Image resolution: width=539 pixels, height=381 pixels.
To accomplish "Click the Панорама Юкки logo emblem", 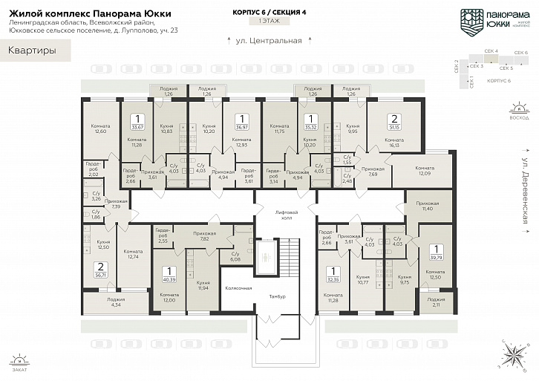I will click(x=471, y=20).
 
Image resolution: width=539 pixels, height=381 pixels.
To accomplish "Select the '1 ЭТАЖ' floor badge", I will click(x=269, y=23).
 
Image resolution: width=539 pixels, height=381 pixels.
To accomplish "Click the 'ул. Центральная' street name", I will click(x=269, y=41).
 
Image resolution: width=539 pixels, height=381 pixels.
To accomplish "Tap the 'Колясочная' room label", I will click(x=238, y=287).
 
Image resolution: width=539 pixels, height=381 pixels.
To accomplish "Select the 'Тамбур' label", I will click(x=277, y=296).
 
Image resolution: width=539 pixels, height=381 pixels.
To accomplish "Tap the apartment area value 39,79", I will click(x=437, y=258).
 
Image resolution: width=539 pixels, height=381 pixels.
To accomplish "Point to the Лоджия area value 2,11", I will click(x=436, y=305).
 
